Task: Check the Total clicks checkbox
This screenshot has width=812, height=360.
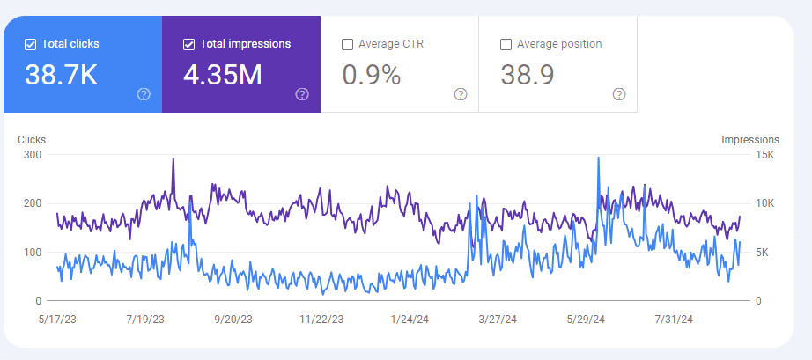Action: click(x=30, y=44)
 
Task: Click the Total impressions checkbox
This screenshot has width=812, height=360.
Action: click(x=188, y=44)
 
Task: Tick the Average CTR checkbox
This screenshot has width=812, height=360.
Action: click(x=347, y=44)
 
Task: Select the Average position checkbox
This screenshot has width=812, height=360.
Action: click(x=506, y=44)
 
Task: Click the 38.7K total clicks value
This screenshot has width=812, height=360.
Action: click(x=61, y=76)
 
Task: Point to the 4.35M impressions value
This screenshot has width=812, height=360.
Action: click(x=223, y=76)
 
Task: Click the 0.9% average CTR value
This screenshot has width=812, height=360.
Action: click(x=371, y=76)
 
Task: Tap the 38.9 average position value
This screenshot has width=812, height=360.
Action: click(x=527, y=76)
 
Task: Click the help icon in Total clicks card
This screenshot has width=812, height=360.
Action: click(x=144, y=94)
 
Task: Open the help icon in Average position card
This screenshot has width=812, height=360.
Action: click(x=619, y=94)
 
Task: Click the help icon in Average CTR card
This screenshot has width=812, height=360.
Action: click(x=461, y=94)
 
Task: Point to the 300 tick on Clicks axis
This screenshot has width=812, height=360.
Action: click(x=32, y=155)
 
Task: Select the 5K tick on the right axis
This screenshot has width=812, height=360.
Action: click(x=765, y=253)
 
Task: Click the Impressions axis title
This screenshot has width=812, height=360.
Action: click(x=749, y=140)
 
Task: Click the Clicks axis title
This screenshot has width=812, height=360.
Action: click(x=32, y=140)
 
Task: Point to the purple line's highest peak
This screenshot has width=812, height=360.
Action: click(x=173, y=159)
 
